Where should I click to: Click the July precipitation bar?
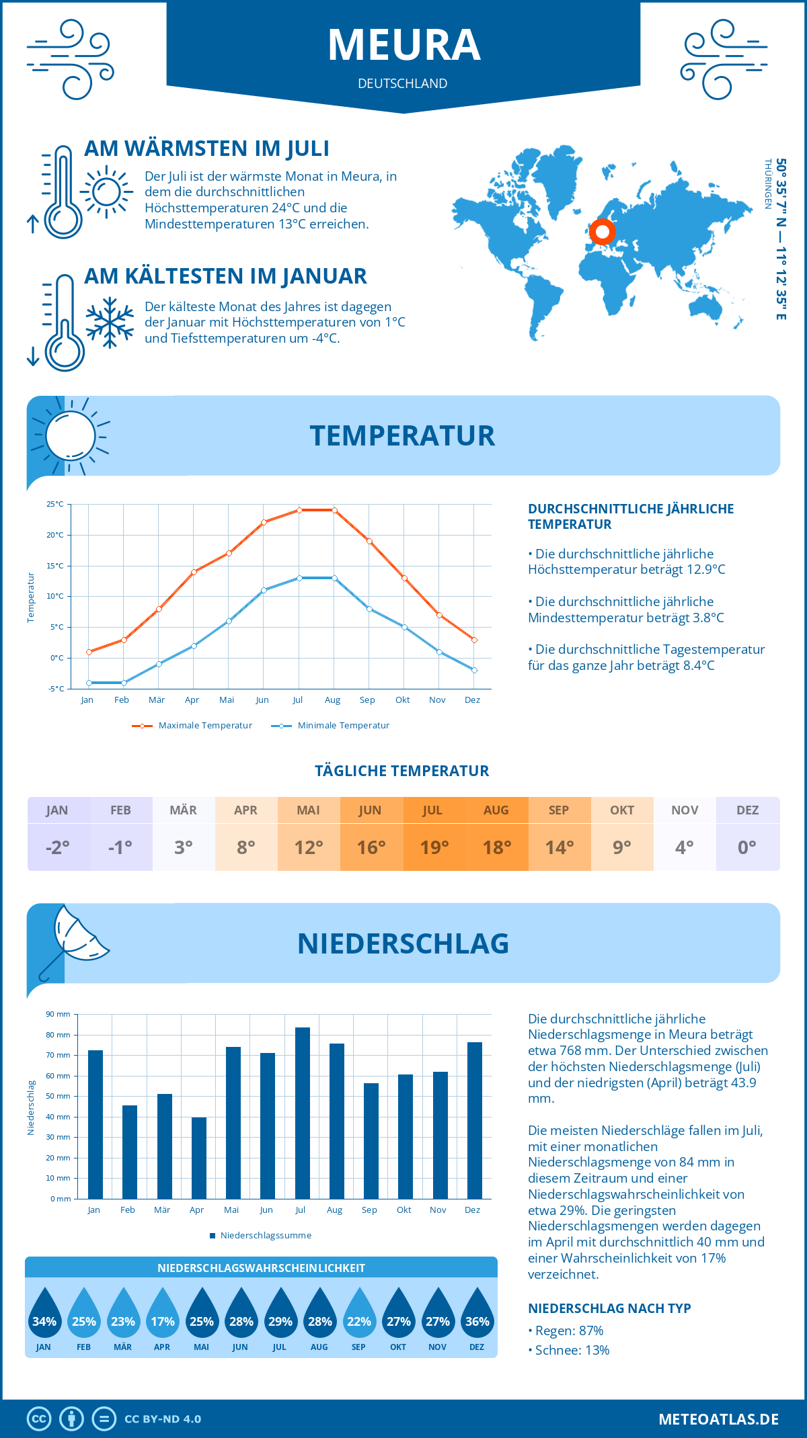coord(303,1113)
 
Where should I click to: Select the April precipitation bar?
coord(199,1158)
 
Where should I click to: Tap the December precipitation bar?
coord(475,1120)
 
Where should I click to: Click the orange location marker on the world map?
coord(603,232)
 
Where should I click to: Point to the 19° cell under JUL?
coord(434,847)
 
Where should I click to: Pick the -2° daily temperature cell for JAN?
coord(58,847)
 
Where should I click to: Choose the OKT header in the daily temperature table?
coord(622,810)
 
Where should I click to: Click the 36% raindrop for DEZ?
coord(477,1317)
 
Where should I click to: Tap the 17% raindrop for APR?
coord(162,1317)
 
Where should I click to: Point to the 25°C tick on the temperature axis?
coord(55,504)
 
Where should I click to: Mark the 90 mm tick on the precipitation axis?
coord(59,1014)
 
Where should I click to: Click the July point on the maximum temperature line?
coord(299,510)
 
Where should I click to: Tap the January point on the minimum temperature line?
coord(89,683)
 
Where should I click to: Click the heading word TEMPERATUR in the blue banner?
coord(402,435)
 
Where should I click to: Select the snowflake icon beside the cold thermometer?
coord(110,322)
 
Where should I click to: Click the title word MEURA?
coord(403,45)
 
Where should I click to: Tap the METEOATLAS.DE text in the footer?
coord(718,1419)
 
